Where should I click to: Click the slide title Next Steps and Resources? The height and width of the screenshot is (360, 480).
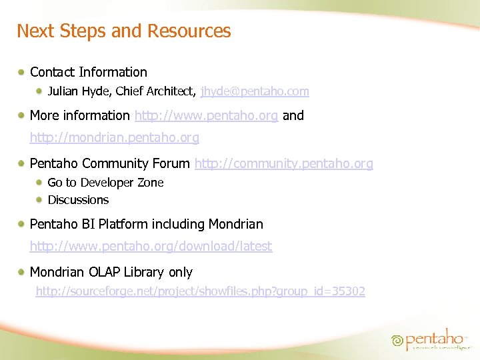coord(123,31)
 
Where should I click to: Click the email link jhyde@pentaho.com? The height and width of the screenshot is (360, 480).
coord(255,91)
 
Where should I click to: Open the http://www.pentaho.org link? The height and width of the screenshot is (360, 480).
coord(206,116)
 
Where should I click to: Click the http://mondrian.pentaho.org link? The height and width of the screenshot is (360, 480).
coord(114,138)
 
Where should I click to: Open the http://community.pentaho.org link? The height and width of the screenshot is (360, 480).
coord(283,164)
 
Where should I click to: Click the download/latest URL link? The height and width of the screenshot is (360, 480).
coord(151,247)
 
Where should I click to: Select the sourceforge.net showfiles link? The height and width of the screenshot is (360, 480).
coord(200,291)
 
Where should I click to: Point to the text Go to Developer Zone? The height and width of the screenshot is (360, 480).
coord(105,183)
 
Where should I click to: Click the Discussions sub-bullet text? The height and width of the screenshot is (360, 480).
coord(78,200)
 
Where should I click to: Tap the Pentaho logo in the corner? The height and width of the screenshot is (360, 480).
coord(427,339)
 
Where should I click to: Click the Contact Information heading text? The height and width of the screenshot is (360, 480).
coord(89,72)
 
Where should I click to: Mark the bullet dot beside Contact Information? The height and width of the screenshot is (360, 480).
coord(23,72)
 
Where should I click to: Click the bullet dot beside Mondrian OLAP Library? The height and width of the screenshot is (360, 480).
coord(23,272)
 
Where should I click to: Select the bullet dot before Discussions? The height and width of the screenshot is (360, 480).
coord(41,200)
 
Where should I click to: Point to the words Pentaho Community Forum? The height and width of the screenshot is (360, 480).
coord(110,164)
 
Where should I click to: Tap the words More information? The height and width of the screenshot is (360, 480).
coord(80,116)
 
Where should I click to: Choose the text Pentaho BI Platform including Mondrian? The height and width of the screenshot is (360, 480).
coord(147,225)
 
